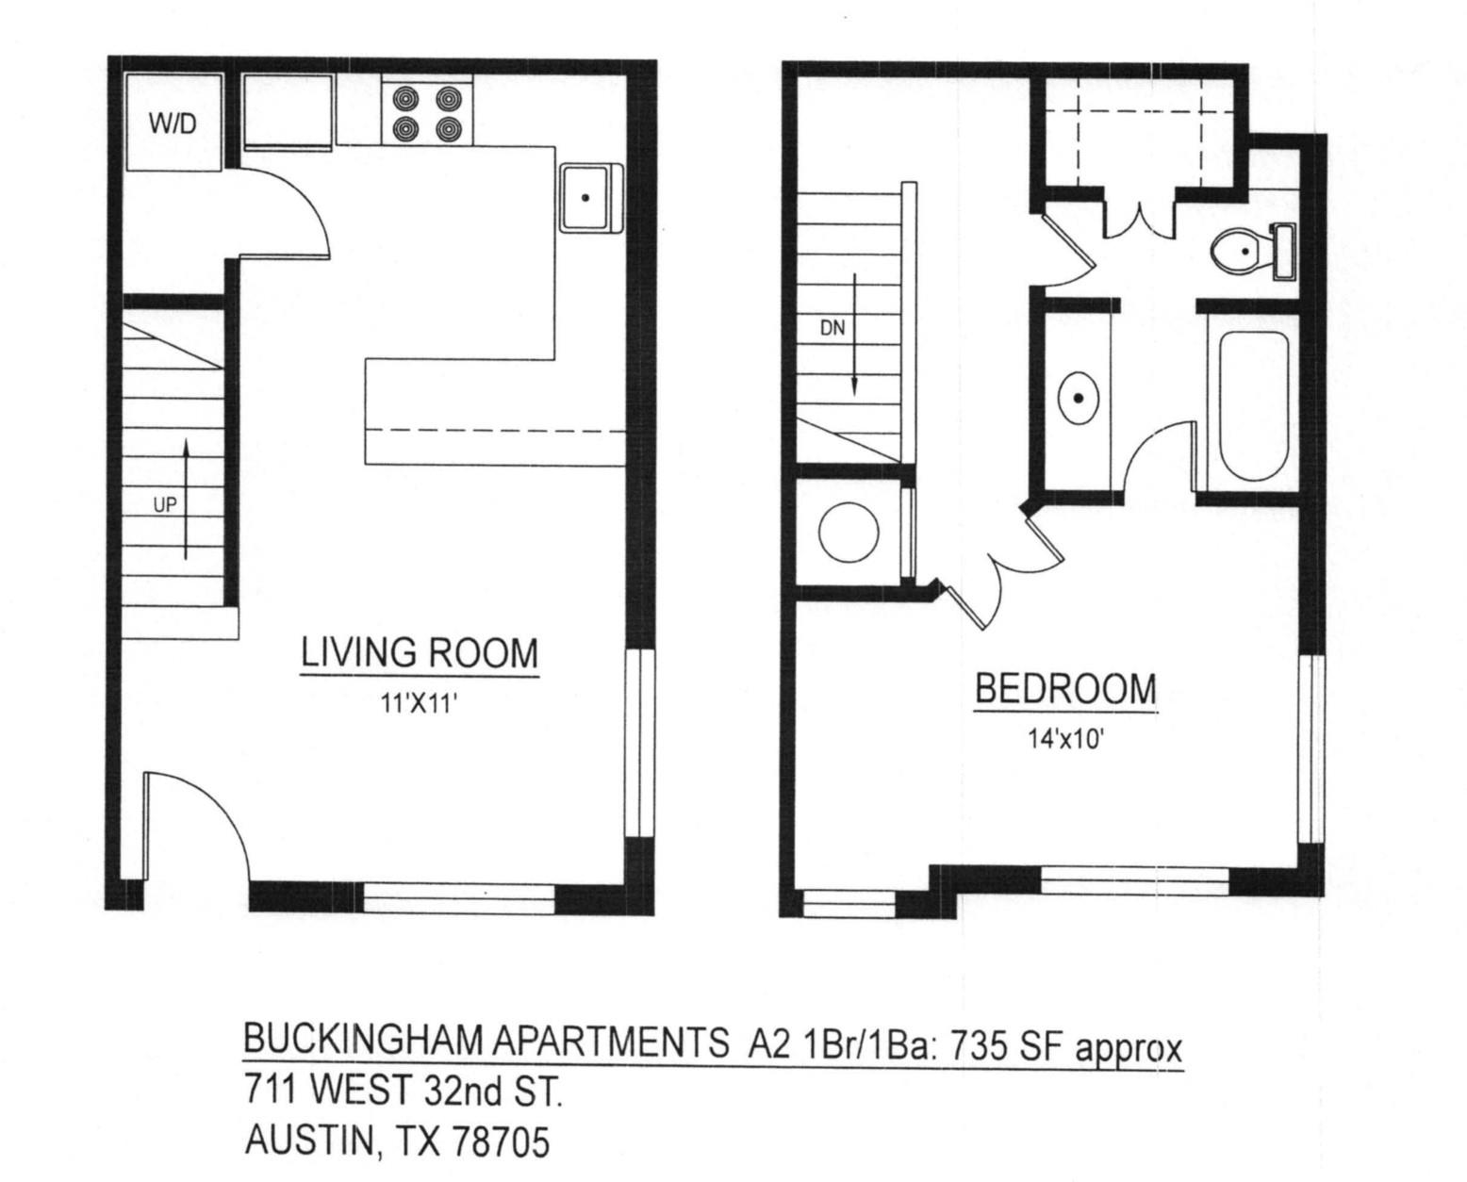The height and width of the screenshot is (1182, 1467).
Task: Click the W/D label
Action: click(x=173, y=123)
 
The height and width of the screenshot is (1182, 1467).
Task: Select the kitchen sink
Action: click(x=589, y=198)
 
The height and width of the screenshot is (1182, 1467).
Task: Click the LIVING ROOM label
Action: click(x=419, y=653)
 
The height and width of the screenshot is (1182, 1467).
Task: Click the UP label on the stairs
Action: click(x=165, y=505)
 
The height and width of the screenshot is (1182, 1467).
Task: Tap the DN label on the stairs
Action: click(x=832, y=330)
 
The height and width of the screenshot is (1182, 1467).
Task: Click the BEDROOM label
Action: click(x=1065, y=689)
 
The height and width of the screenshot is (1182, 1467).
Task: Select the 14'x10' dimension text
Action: click(x=1065, y=739)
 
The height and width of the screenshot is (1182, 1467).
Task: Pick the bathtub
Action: click(x=1254, y=405)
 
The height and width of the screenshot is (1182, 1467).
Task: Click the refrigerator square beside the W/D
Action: click(x=288, y=112)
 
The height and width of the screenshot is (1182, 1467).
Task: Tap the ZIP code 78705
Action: click(x=501, y=1142)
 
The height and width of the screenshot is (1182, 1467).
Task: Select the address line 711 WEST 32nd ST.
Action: click(x=404, y=1092)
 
